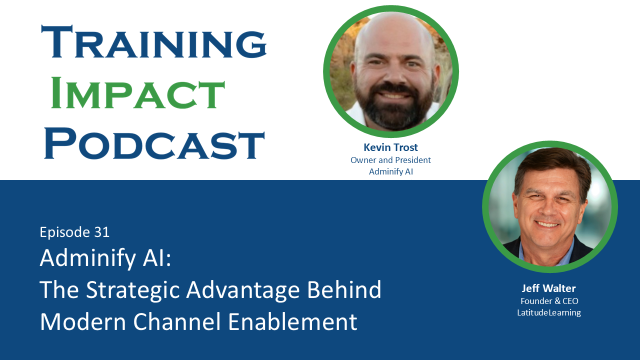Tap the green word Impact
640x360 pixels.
(x=137, y=93)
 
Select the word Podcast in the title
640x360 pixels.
(x=154, y=143)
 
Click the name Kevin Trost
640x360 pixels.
(x=390, y=147)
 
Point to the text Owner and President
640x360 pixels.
(x=390, y=160)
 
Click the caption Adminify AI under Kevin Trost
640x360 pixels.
(x=390, y=171)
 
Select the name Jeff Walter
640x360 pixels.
(x=548, y=288)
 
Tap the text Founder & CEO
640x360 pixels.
(x=549, y=301)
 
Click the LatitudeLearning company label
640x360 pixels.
(x=548, y=312)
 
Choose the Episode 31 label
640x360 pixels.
(x=74, y=232)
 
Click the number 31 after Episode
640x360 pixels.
(x=101, y=232)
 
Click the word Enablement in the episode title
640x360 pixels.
(x=292, y=321)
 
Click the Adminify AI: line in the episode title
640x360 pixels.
(x=105, y=258)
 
